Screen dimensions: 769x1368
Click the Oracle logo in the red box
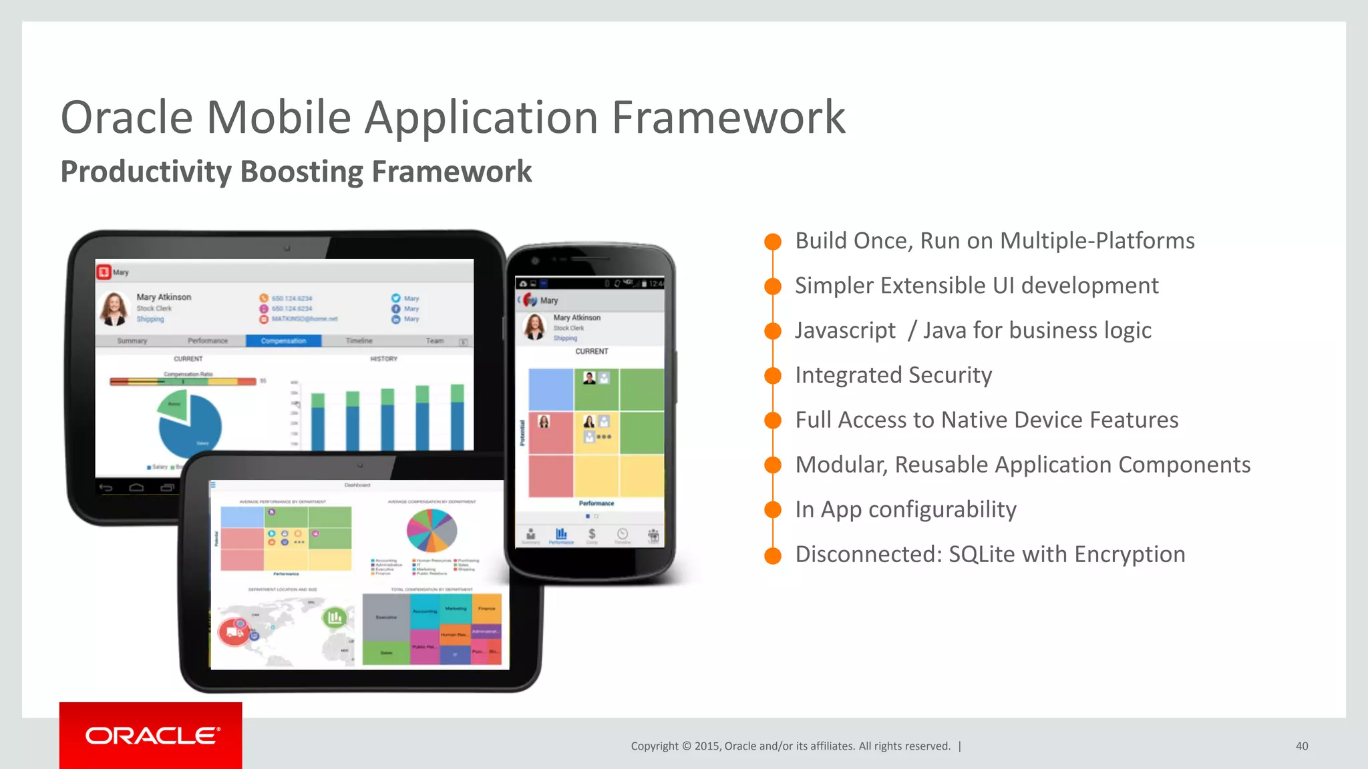pos(152,736)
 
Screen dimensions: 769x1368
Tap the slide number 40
pos(1301,746)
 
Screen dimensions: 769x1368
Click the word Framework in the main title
pos(728,117)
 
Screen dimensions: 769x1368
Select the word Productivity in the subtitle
pos(146,172)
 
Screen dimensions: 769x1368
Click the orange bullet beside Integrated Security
pos(773,376)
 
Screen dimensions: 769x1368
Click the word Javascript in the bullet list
pos(845,330)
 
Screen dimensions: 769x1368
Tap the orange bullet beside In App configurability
pos(773,510)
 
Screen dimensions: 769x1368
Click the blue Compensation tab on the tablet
pos(283,341)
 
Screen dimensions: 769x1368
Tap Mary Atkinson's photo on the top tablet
pos(114,308)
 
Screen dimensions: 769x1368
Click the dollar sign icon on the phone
pos(592,534)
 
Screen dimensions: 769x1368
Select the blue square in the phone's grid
pos(550,389)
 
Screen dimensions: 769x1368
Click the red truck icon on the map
pos(234,631)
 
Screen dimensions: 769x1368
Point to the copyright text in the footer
pos(790,746)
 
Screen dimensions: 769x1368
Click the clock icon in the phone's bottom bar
pos(623,534)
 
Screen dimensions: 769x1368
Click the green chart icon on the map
pos(335,617)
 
